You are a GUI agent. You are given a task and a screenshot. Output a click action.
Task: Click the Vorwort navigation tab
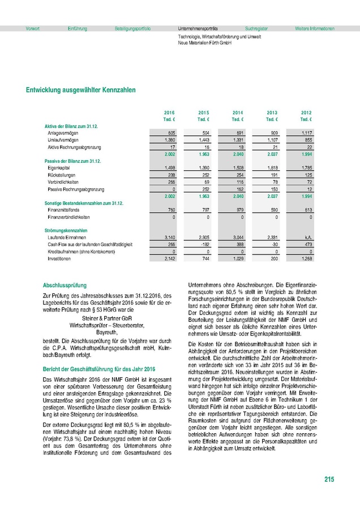(32, 28)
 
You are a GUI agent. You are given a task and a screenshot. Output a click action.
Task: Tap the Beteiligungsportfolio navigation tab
(132, 28)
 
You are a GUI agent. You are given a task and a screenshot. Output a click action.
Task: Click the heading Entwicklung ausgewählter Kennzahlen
(80, 90)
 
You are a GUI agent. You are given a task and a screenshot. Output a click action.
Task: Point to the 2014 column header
(238, 113)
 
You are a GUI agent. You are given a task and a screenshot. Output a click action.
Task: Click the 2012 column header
(306, 113)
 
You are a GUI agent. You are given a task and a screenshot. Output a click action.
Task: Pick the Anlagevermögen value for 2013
(273, 132)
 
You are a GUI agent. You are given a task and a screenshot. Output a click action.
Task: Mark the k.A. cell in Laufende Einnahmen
(306, 237)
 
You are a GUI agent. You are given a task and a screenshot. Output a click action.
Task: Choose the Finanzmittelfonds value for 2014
(238, 209)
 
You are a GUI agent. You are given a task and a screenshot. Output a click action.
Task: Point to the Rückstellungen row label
(61, 175)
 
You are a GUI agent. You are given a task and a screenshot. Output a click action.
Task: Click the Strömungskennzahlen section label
(66, 230)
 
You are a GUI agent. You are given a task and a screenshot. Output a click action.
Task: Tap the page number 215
(329, 480)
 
